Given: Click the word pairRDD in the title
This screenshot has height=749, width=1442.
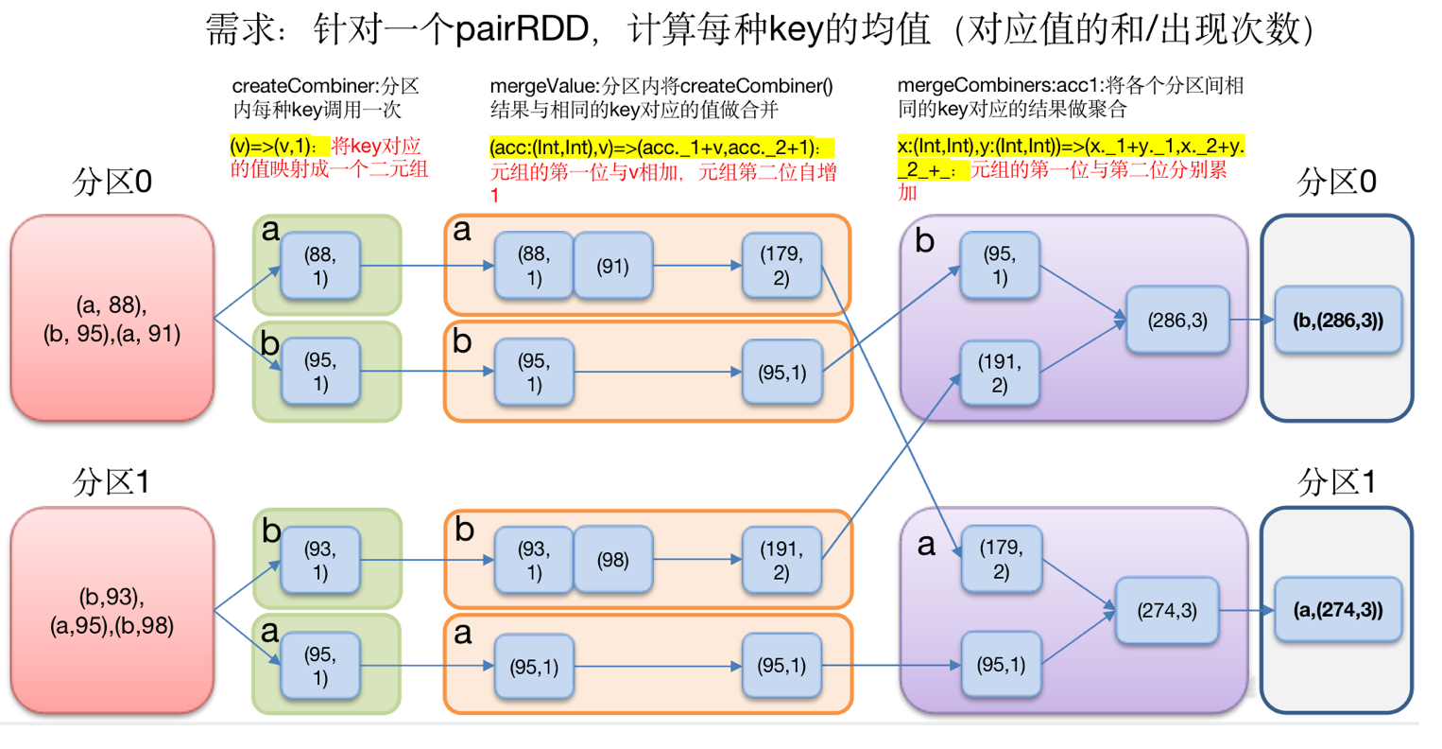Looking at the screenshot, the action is (522, 29).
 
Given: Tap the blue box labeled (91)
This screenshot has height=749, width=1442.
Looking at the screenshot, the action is (613, 266).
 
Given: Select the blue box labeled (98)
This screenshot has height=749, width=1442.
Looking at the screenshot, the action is (613, 559).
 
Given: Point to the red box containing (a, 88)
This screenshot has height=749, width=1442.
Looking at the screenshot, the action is (112, 318).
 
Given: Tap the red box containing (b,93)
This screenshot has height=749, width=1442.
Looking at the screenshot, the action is (112, 611).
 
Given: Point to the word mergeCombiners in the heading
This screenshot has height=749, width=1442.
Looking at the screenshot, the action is (967, 86).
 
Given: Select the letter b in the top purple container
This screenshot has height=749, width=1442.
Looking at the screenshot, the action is (924, 241).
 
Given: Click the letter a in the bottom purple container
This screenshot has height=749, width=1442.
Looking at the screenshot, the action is (926, 545).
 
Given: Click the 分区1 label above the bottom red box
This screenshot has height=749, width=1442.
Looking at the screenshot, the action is (111, 481).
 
